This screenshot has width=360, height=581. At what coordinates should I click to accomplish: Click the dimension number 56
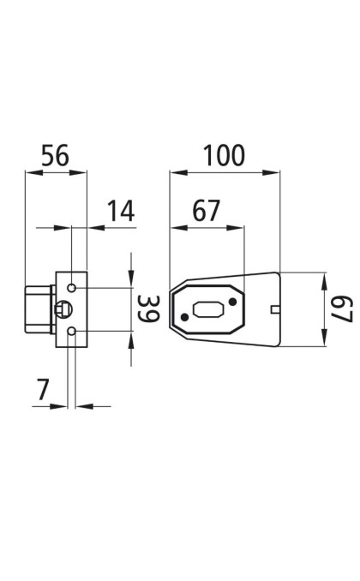point(55,155)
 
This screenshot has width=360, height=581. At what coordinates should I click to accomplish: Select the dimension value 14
point(121,211)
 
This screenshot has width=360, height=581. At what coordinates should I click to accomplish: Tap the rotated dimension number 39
point(148,308)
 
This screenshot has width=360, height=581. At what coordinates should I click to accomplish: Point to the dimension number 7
point(43,389)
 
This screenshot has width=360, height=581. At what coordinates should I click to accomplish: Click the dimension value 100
point(225,155)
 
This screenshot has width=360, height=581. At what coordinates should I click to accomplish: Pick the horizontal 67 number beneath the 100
point(207,211)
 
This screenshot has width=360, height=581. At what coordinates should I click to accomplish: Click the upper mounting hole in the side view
point(71,288)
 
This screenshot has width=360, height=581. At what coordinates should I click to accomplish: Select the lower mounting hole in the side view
point(71,332)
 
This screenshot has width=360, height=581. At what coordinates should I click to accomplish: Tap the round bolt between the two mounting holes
point(63,309)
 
